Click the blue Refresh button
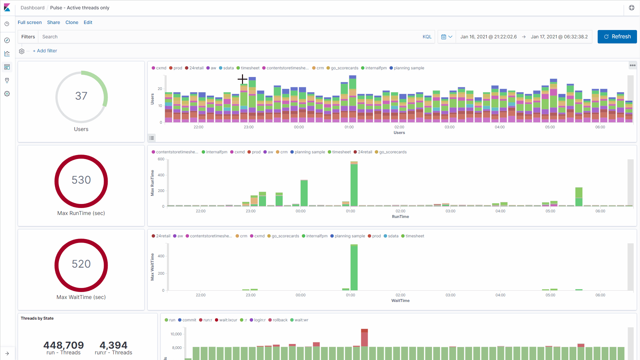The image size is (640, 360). (617, 37)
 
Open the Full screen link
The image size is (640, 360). (30, 22)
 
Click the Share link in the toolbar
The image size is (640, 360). (53, 22)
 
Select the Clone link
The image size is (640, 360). (72, 22)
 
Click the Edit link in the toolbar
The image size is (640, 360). (88, 22)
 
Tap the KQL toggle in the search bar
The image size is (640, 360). (427, 37)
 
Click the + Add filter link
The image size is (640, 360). (45, 51)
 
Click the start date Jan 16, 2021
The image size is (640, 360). (488, 37)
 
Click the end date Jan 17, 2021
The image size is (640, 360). (559, 37)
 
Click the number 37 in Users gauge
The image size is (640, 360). (81, 96)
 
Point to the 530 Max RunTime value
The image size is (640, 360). (81, 180)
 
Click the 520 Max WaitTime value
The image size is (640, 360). (81, 264)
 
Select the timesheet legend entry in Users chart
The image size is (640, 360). (250, 68)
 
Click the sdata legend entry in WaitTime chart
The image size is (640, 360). (393, 236)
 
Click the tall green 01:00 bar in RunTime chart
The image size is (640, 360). (354, 185)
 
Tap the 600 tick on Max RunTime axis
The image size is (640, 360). (161, 159)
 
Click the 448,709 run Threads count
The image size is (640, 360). (63, 345)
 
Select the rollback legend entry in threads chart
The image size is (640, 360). (280, 320)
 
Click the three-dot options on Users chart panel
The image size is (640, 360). (632, 65)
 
